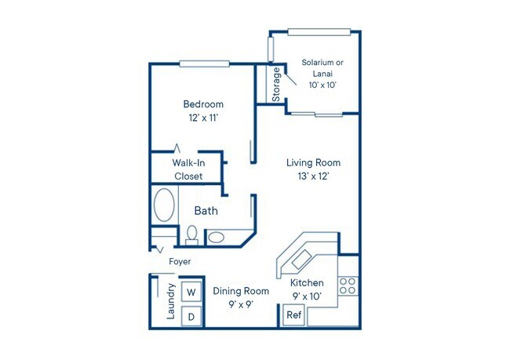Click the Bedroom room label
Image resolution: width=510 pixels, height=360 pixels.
tap(203, 104)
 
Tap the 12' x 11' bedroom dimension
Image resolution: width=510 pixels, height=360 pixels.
tap(203, 118)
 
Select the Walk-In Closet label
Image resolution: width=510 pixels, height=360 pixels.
tap(188, 169)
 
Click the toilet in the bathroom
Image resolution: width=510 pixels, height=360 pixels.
tap(191, 234)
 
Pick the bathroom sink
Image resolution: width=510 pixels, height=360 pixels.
tap(217, 236)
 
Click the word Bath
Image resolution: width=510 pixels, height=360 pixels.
tap(206, 211)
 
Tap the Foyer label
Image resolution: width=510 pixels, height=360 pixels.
tap(180, 261)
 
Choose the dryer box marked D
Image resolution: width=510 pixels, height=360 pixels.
tap(190, 316)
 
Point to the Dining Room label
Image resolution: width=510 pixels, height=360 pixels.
tap(241, 291)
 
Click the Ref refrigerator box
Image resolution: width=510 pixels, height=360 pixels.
tap(293, 315)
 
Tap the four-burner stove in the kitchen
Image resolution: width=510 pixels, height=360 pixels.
tap(348, 285)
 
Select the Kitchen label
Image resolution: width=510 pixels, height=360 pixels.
tap(307, 283)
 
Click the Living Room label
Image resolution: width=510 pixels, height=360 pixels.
tap(313, 162)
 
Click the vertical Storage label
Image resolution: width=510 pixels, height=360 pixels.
tap(277, 84)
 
